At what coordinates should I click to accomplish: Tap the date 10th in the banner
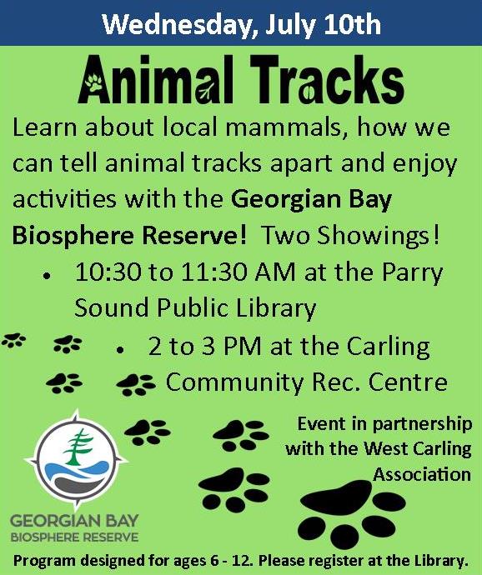353,24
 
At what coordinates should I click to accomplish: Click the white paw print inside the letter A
94,82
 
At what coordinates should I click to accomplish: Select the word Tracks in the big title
328,79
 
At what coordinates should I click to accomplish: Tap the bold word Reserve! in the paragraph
194,235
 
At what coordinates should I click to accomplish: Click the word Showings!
378,236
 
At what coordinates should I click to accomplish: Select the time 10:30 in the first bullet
108,272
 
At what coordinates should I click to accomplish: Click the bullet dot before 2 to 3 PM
120,350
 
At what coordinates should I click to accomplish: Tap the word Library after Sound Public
276,307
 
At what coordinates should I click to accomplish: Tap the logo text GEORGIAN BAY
74,520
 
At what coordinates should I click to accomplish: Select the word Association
422,474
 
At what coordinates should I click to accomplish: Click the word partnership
422,425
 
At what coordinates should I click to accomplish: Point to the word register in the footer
337,561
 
